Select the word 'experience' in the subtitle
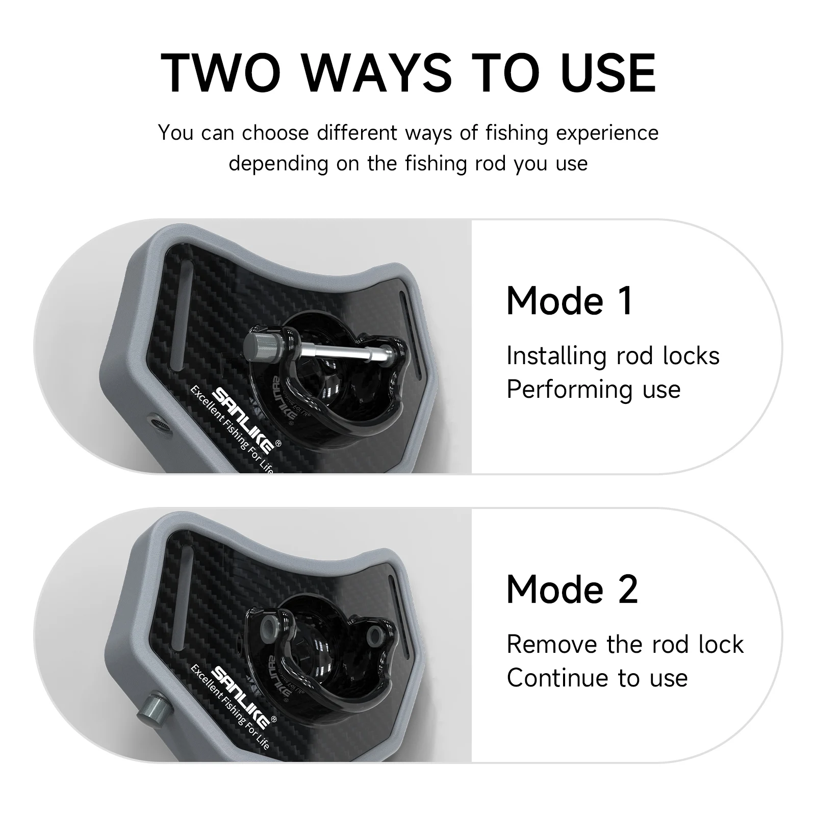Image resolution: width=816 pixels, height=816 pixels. [x=607, y=134]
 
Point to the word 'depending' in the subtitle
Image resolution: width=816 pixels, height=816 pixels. [x=278, y=164]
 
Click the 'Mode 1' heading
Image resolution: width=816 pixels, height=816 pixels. [x=570, y=301]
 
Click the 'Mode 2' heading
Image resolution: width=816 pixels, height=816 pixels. [x=572, y=590]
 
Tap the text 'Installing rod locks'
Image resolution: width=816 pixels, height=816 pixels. [x=613, y=356]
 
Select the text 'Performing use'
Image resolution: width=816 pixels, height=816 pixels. [x=593, y=390]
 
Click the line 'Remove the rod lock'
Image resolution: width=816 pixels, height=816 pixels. [x=625, y=645]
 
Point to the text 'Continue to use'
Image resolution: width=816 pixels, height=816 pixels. [x=597, y=678]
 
